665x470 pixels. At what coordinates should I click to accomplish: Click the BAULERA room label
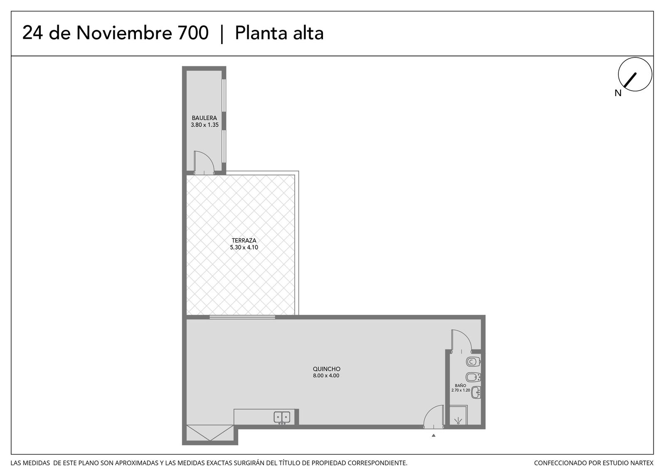point(204,118)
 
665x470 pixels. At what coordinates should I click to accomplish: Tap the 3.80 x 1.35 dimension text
point(204,125)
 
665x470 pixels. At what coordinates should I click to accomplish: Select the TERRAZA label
point(244,240)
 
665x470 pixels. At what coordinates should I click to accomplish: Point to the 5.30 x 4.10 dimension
point(244,247)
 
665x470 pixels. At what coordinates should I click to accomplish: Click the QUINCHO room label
point(327,369)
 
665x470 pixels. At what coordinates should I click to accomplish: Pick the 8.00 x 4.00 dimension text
point(326,376)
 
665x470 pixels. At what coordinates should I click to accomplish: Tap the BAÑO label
point(461,385)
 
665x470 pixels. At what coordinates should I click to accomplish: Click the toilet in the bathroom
point(473,361)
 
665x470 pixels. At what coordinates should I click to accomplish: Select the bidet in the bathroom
point(473,377)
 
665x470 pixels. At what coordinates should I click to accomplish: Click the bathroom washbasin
point(476,392)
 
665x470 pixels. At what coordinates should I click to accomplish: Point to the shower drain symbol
point(458,421)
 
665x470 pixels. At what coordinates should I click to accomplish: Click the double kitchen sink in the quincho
point(282,418)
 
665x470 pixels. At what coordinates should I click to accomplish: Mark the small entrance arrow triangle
point(433,435)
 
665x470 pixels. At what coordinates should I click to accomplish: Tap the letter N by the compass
point(618,93)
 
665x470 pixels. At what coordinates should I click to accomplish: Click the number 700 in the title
point(193,33)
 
